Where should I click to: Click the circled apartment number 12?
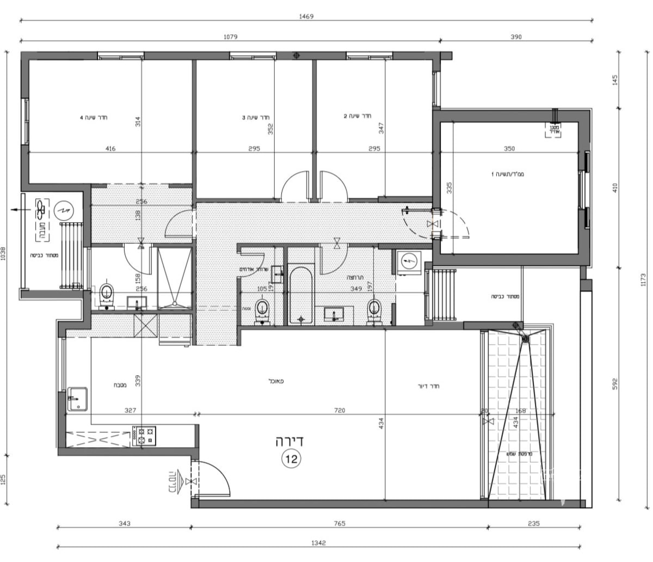291,459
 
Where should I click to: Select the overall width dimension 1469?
306,16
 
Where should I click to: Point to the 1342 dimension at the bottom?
318,543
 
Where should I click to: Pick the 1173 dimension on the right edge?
644,279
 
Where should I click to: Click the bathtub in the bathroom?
300,294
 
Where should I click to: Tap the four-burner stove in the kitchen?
144,436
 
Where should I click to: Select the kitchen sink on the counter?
77,400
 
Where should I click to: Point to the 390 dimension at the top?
516,37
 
